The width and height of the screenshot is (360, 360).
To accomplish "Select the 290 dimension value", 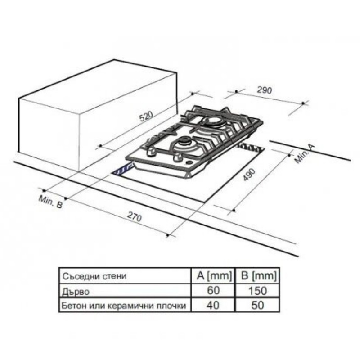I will [265, 90].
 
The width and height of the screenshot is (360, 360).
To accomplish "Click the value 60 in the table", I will [212, 291].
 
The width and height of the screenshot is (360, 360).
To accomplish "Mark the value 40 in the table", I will [212, 306].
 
